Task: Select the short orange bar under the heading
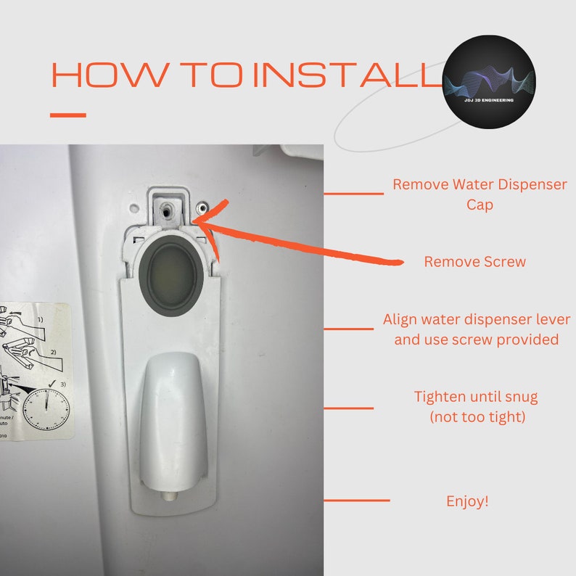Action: tap(68, 115)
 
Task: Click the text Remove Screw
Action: tap(474, 262)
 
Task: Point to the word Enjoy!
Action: tap(467, 501)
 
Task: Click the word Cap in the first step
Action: tap(480, 205)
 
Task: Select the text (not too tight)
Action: tap(475, 417)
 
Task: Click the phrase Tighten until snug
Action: tap(475, 397)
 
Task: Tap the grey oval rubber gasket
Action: tap(170, 268)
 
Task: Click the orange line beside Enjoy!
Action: tap(356, 501)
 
